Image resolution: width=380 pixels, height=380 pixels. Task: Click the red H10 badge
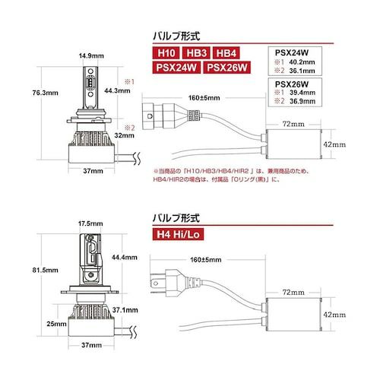[166, 53]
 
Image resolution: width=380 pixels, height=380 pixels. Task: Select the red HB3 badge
[197, 53]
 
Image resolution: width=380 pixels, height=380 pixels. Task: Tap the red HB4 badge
[226, 53]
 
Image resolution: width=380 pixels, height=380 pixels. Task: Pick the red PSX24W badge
[176, 68]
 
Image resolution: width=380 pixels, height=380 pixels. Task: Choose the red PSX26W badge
[227, 68]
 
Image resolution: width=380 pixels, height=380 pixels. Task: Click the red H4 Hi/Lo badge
[178, 234]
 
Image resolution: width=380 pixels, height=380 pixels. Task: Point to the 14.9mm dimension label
[91, 55]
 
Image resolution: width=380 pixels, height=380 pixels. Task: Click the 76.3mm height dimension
[46, 93]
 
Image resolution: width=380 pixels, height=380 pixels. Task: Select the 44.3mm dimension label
[117, 90]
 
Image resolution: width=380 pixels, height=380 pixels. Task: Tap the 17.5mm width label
[90, 223]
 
